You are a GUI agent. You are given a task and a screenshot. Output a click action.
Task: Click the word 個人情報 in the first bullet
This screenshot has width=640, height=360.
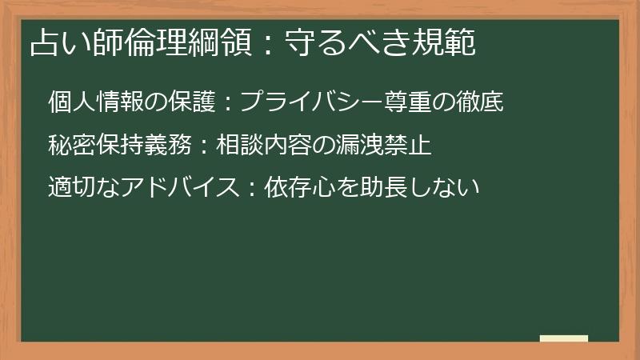pyautogui.click(x=94, y=103)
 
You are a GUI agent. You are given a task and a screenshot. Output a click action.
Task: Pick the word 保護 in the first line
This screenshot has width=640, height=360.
pyautogui.click(x=190, y=103)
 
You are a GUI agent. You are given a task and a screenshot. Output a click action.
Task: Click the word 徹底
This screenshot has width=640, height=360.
pyautogui.click(x=478, y=103)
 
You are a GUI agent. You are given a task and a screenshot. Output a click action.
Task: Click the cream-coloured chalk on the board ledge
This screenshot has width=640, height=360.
pyautogui.click(x=563, y=338)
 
